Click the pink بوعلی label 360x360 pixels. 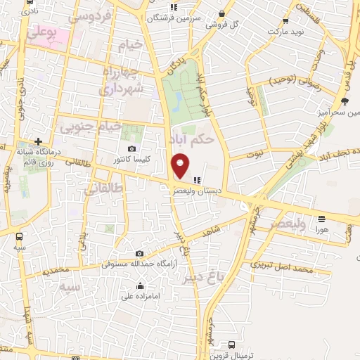pyautogui.click(x=44, y=32)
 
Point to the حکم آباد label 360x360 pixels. pyautogui.click(x=191, y=138)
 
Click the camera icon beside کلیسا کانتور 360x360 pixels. pyautogui.click(x=132, y=148)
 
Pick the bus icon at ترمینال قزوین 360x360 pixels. pyautogui.click(x=233, y=345)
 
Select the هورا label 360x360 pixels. pyautogui.click(x=321, y=229)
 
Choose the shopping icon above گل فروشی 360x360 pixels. pyautogui.click(x=222, y=13)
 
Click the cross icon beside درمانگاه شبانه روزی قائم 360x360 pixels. pyautogui.click(x=39, y=141)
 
